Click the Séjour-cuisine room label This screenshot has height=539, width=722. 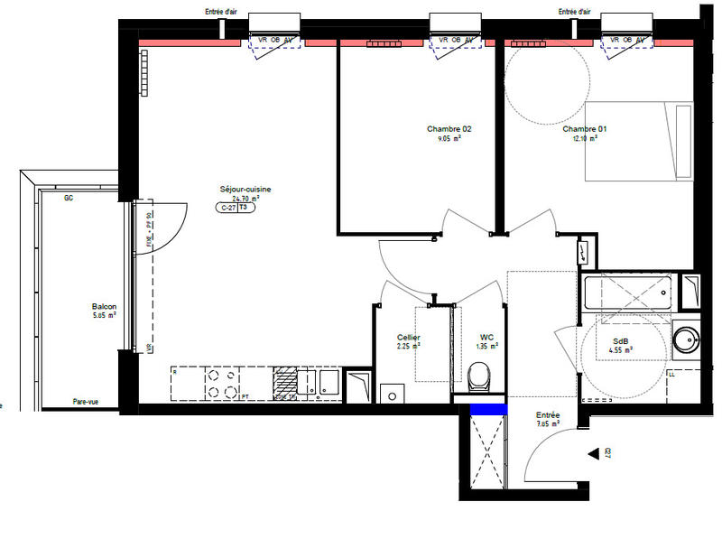[x=245, y=189]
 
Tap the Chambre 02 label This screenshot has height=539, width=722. [x=449, y=129]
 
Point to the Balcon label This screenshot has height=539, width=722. [x=104, y=306]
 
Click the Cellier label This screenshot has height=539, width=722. [x=409, y=338]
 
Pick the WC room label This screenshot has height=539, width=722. [x=487, y=338]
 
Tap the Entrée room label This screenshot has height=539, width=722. [x=548, y=415]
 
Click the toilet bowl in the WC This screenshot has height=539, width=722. [x=480, y=375]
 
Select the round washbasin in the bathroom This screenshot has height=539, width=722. [x=686, y=339]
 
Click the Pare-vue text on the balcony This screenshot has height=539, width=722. [x=87, y=402]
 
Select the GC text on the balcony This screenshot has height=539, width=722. [x=68, y=199]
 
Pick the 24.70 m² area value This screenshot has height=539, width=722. [x=245, y=199]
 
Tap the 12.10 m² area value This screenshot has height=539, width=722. [x=584, y=139]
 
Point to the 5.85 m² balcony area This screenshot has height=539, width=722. [x=104, y=316]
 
